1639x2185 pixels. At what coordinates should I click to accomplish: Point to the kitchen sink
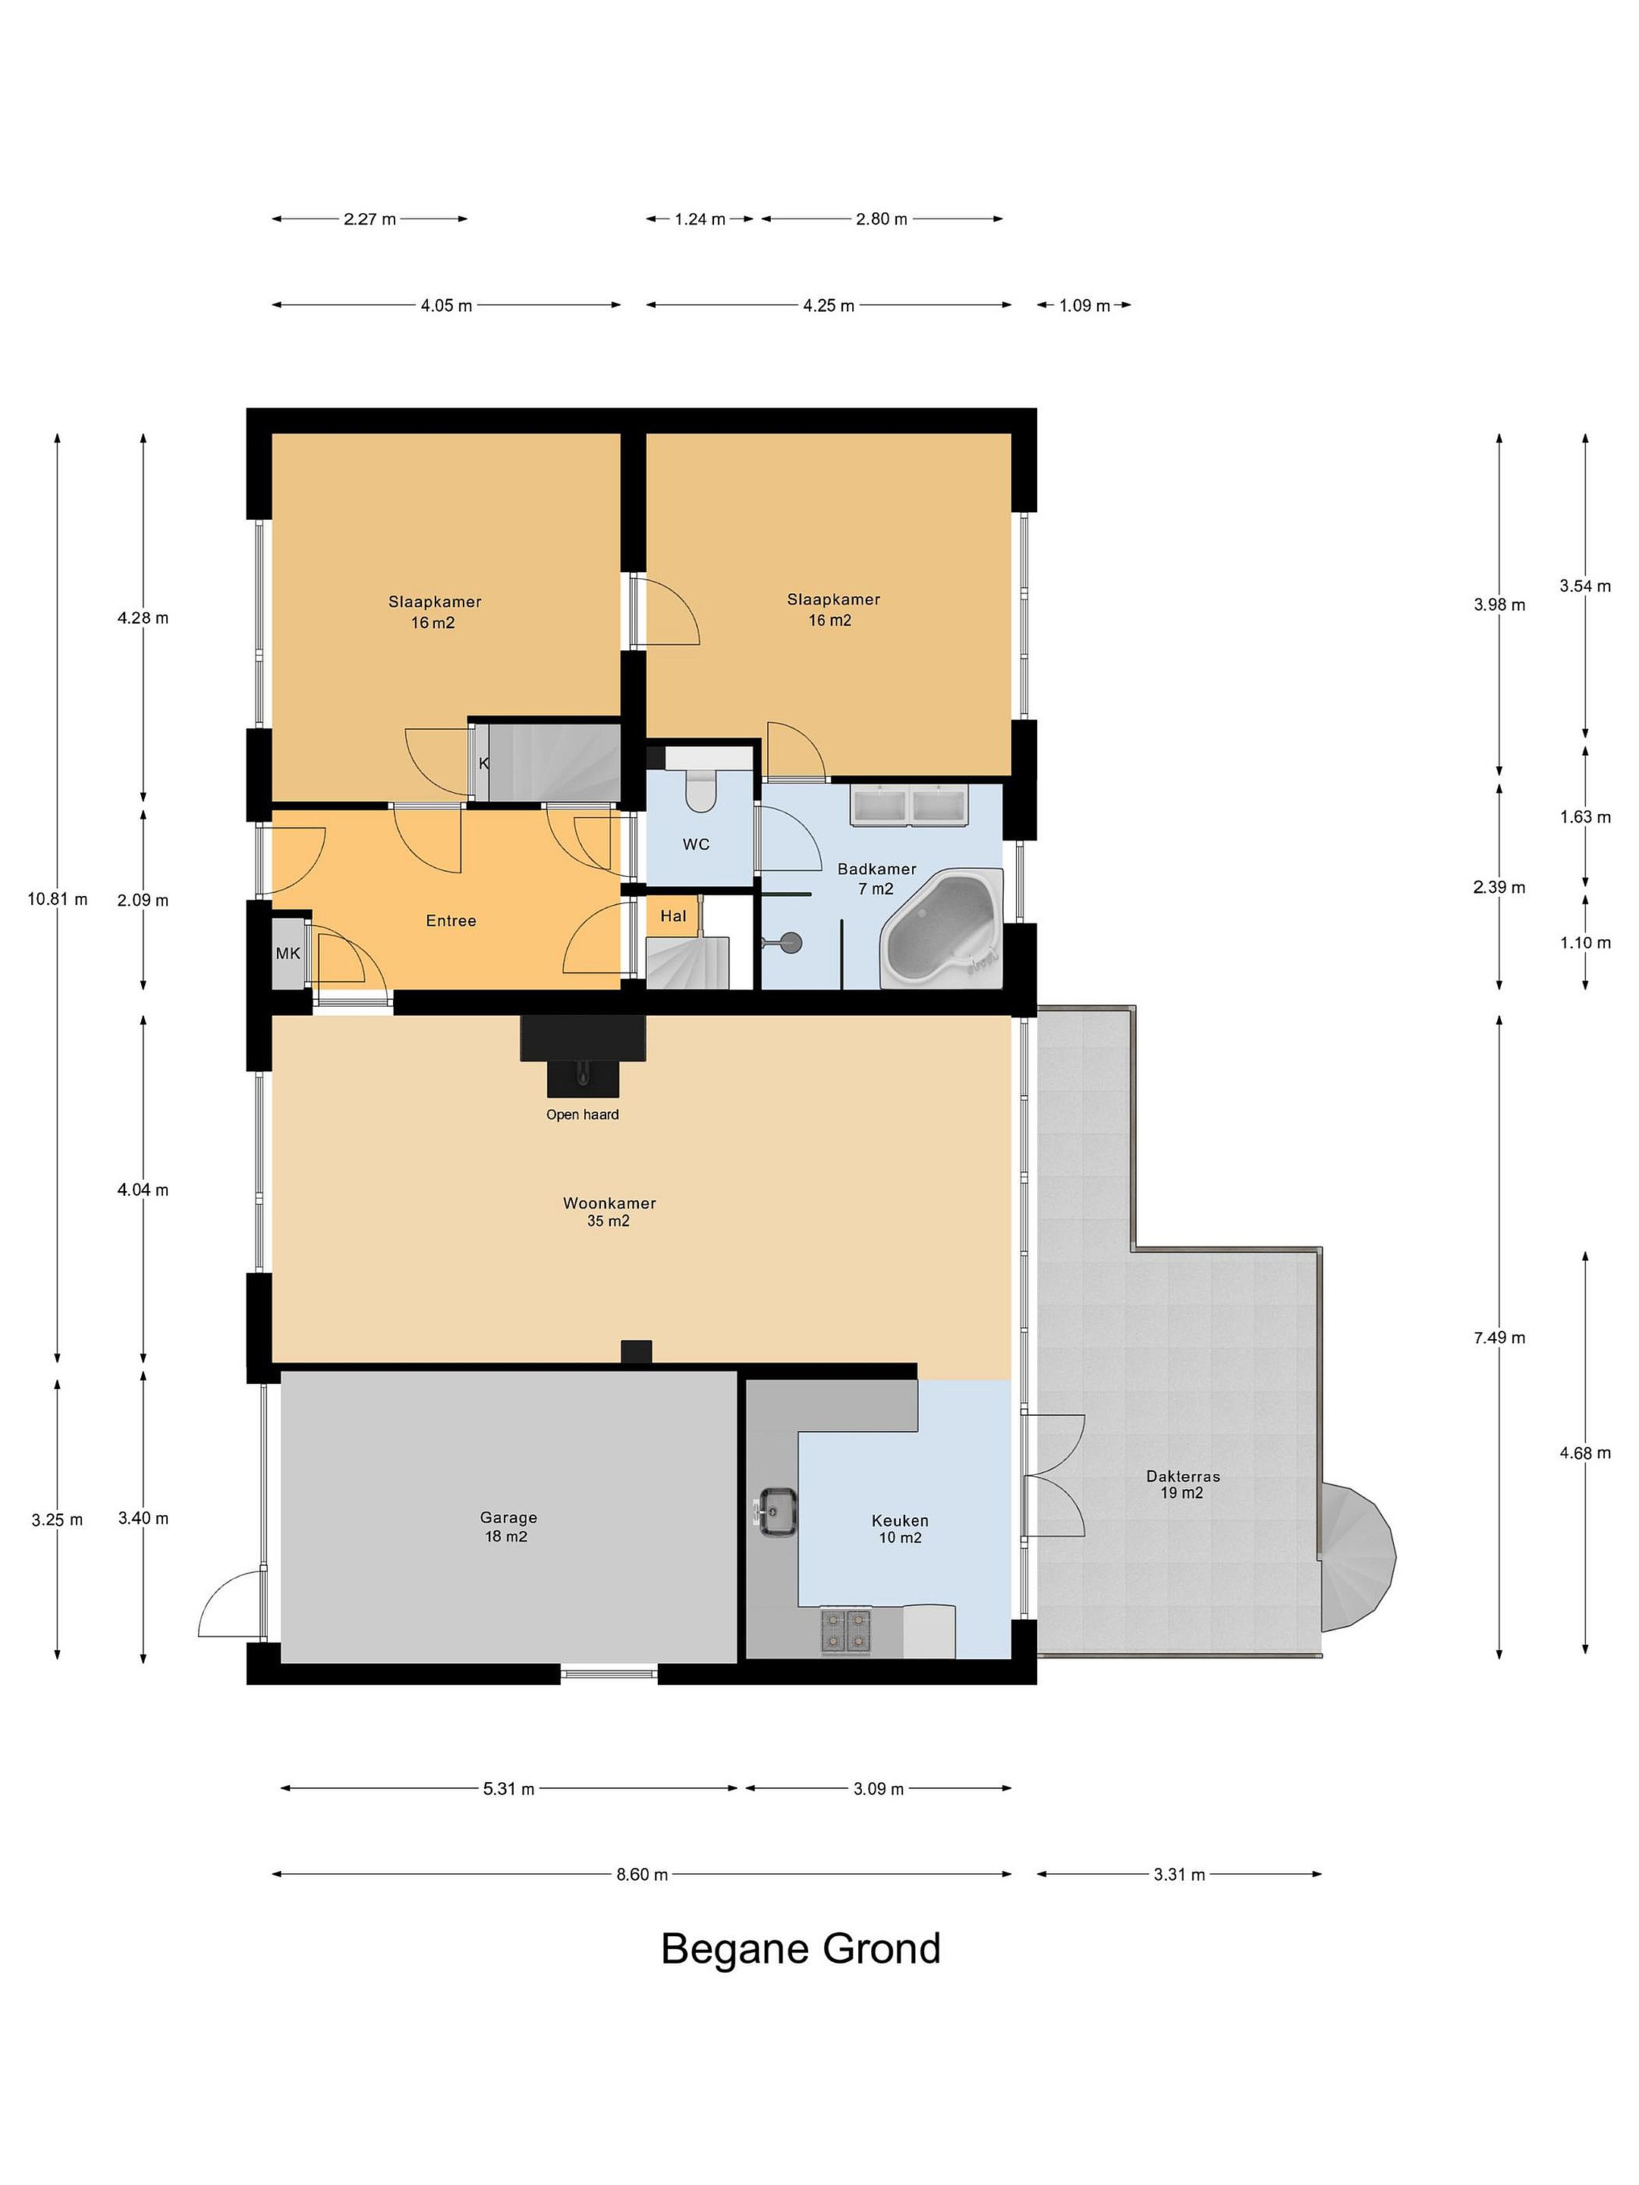click(x=778, y=1511)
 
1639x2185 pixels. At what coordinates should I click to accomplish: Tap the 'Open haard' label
click(x=582, y=1115)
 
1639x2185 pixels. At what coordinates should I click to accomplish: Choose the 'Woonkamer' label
click(x=609, y=1203)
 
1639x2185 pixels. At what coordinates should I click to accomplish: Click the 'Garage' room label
click(x=509, y=1518)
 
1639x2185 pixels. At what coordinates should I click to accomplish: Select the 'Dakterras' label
click(x=1182, y=1476)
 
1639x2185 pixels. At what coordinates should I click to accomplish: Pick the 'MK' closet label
click(x=288, y=953)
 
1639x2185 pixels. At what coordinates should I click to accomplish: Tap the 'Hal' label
click(x=673, y=916)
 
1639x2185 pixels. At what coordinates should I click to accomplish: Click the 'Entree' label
click(x=451, y=920)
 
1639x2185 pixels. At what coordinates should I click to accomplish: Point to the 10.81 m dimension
click(x=58, y=899)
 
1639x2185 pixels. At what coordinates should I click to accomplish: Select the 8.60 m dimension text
click(x=642, y=1875)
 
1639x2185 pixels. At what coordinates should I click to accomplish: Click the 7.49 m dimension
click(x=1499, y=1338)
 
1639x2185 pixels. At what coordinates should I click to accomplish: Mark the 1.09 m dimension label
click(x=1084, y=305)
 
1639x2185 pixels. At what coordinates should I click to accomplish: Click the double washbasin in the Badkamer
click(x=910, y=804)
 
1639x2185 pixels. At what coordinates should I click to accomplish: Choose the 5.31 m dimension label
click(x=509, y=1789)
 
